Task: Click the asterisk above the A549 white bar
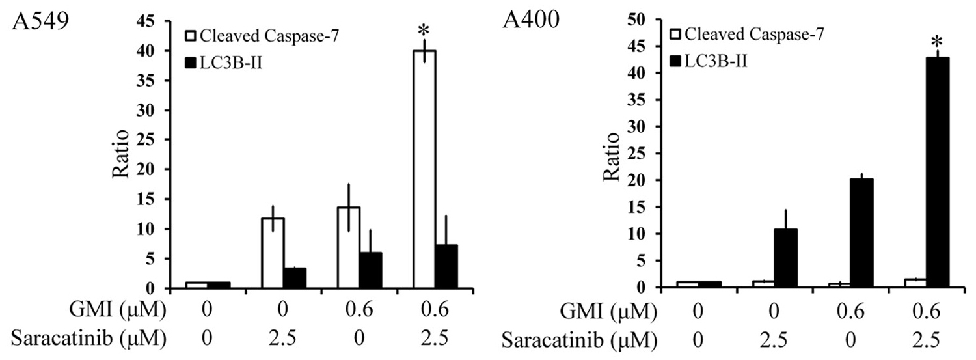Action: (425, 30)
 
